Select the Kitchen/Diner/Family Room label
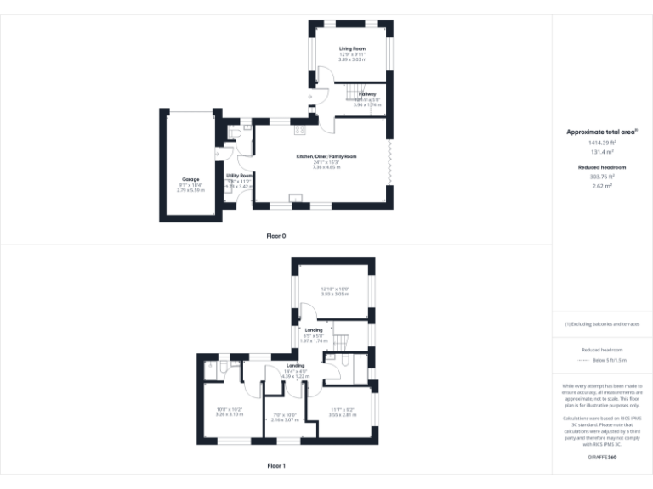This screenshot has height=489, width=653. tap(326, 157)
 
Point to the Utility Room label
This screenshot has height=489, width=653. tap(239, 175)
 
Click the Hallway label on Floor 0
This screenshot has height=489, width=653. tap(367, 94)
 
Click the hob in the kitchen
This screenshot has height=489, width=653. tap(299, 130)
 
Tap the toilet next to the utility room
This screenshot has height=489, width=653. tap(236, 133)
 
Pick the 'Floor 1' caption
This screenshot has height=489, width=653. tap(276, 465)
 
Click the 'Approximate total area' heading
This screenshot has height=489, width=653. tap(602, 132)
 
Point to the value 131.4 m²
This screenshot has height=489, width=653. tap(602, 152)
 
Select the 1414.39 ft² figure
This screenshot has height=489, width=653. tap(602, 143)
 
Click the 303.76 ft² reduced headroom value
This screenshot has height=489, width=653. tap(602, 177)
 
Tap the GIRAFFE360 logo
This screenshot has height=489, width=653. tap(602, 458)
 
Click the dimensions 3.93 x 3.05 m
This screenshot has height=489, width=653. tap(336, 294)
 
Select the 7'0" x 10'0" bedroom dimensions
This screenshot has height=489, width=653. tap(284, 414)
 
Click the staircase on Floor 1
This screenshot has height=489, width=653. tap(339, 341)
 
